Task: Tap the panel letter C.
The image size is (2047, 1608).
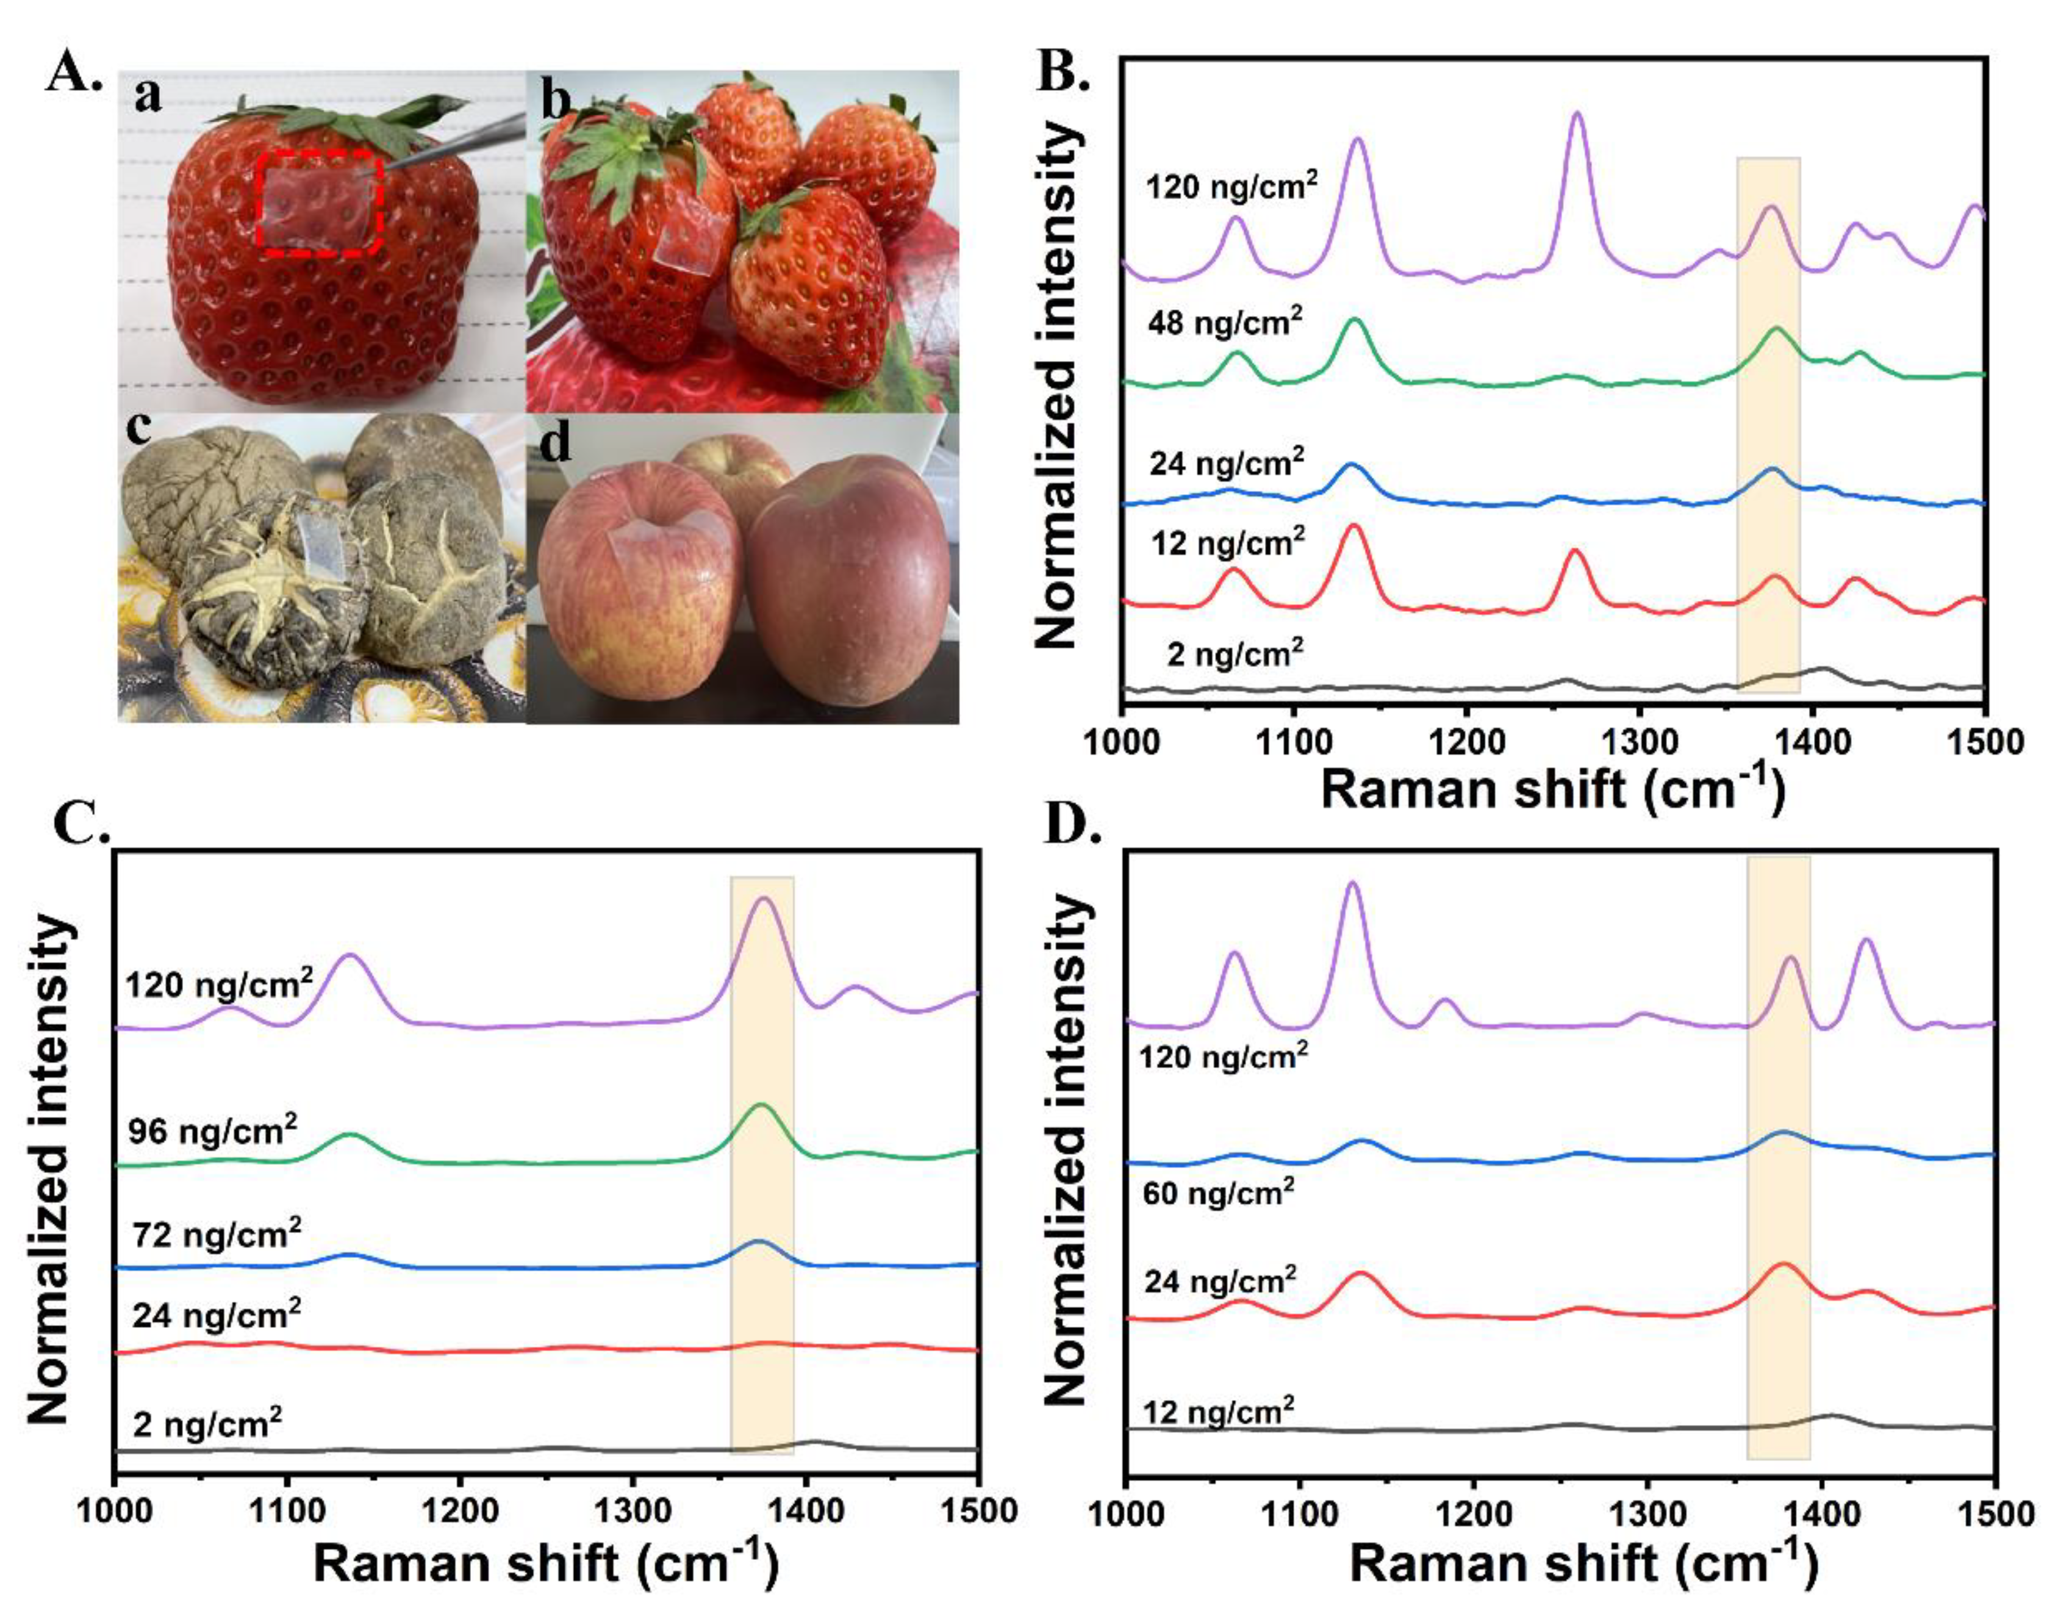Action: (x=83, y=825)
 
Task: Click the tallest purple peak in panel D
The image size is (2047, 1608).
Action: (x=1352, y=885)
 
